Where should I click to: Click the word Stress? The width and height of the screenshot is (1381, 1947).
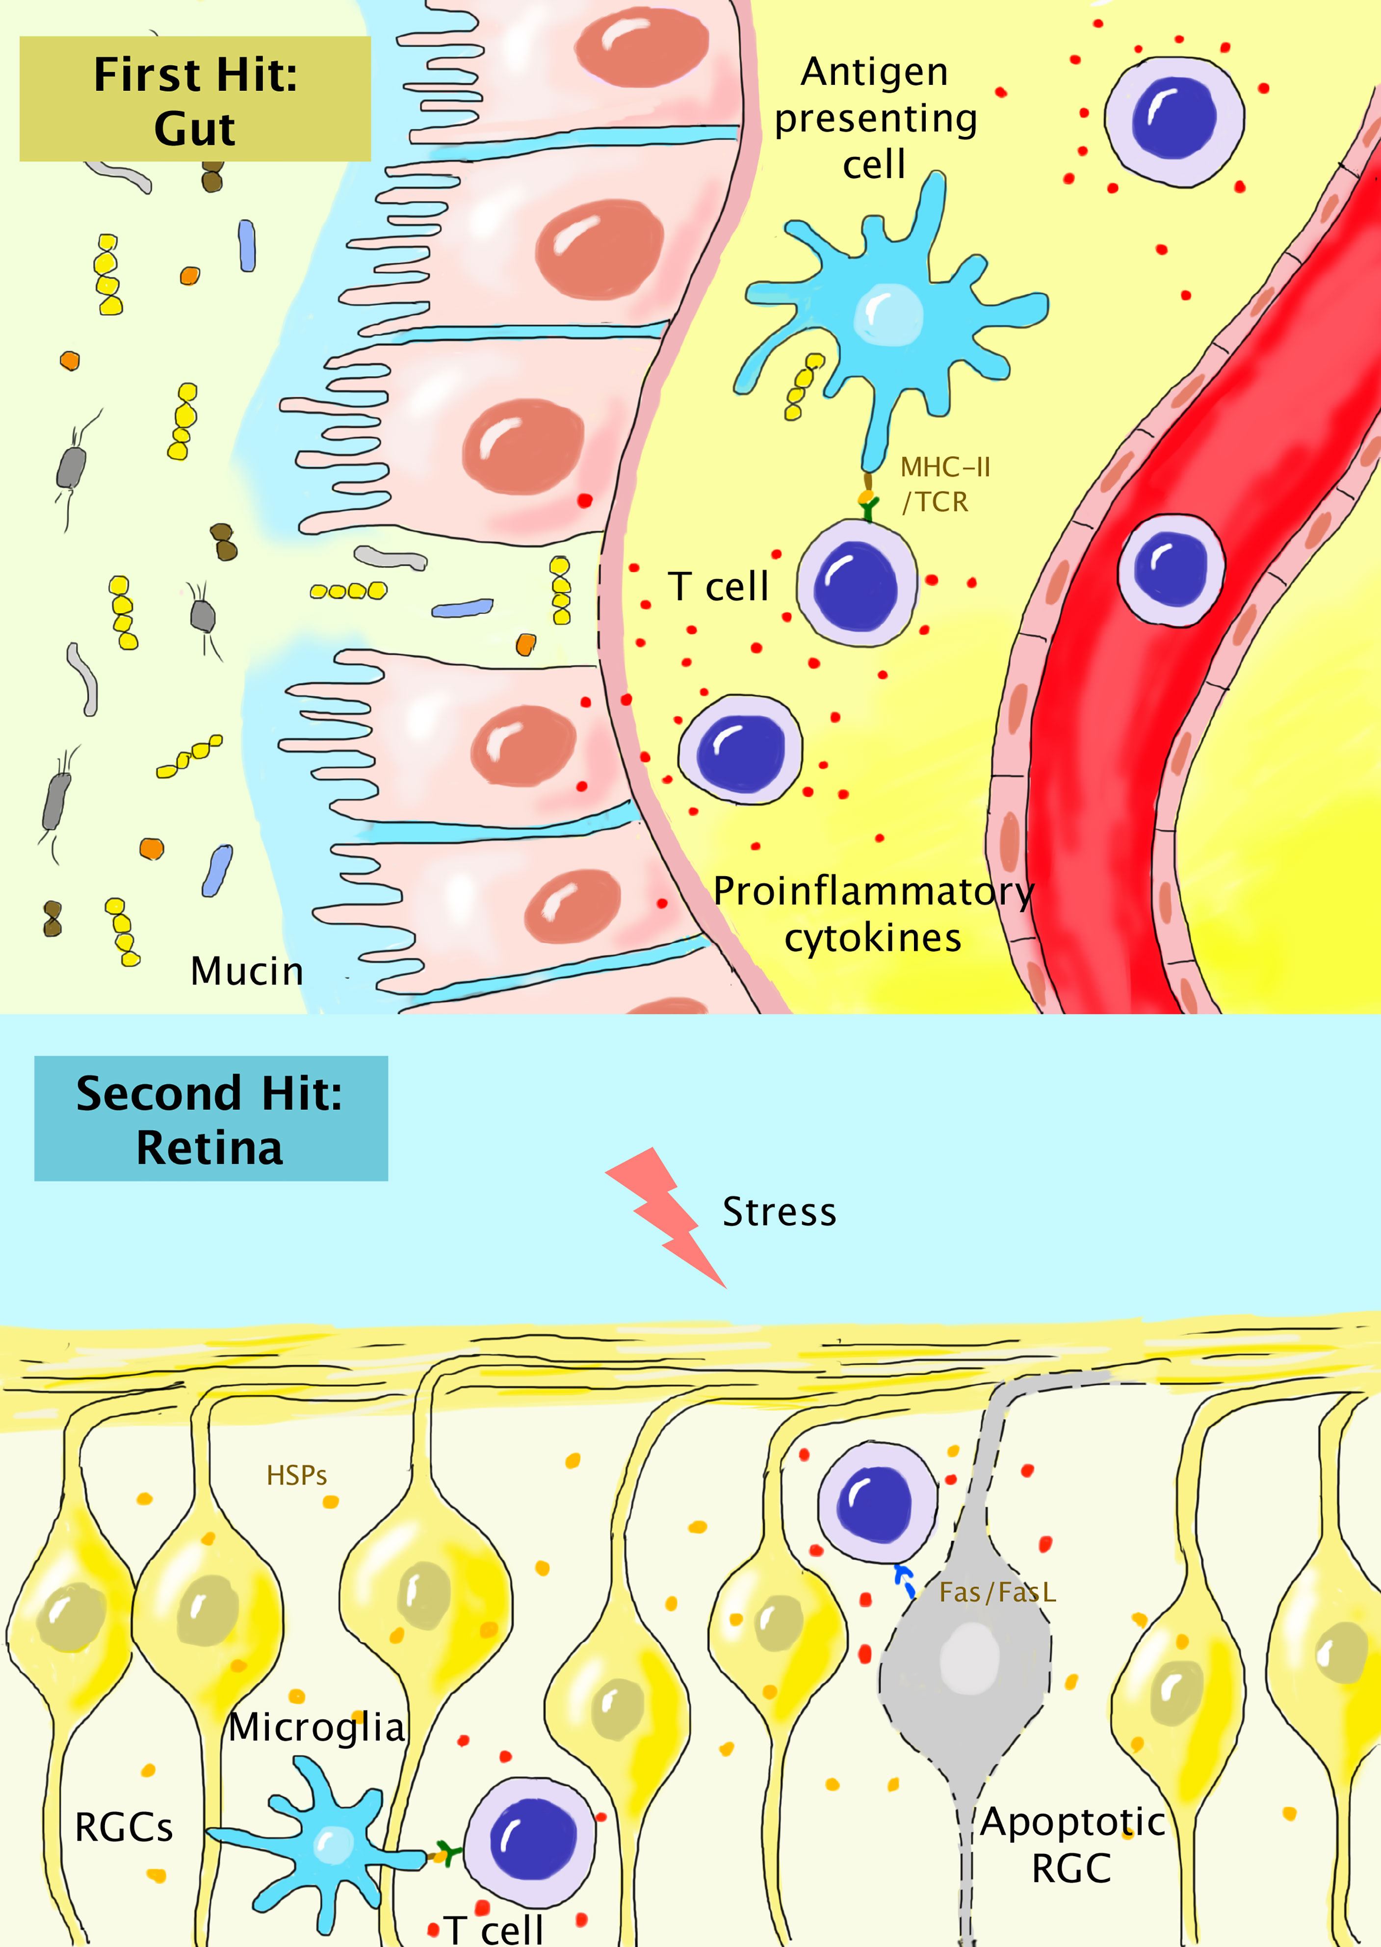click(x=779, y=1212)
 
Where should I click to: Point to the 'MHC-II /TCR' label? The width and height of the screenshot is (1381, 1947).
click(x=944, y=485)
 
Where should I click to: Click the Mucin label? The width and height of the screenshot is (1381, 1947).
click(x=247, y=971)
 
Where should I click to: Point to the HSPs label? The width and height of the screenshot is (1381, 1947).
click(x=297, y=1475)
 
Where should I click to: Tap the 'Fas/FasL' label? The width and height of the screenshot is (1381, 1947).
click(x=997, y=1592)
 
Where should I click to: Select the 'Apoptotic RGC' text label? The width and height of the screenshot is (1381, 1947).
click(x=1072, y=1845)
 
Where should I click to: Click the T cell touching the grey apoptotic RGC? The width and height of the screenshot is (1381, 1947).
click(x=877, y=1503)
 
